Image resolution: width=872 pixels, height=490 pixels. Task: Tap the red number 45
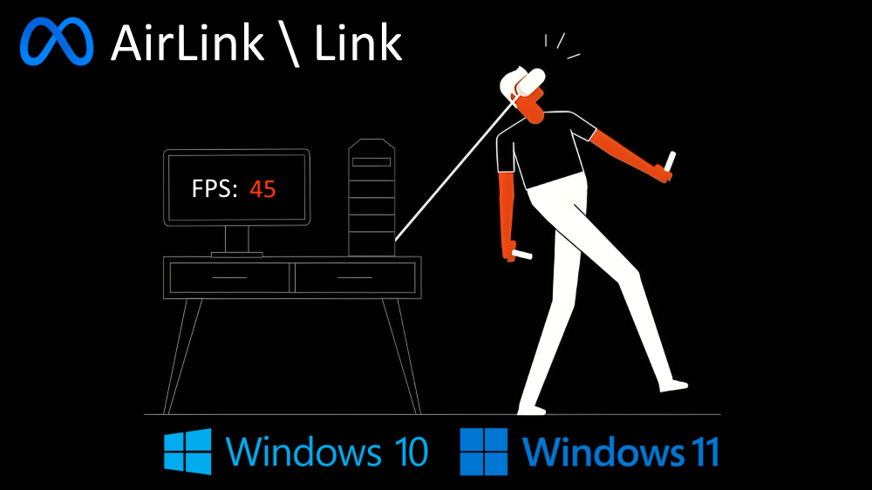click(x=262, y=188)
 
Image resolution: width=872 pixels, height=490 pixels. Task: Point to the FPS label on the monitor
click(x=215, y=188)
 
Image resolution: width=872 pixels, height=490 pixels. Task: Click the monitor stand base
click(x=236, y=254)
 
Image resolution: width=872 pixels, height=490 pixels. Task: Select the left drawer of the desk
click(x=229, y=277)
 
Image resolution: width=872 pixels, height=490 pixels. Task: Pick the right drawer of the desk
click(x=355, y=277)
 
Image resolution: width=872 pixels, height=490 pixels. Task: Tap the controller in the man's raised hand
click(x=670, y=161)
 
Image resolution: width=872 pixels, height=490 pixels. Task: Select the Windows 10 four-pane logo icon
click(x=187, y=451)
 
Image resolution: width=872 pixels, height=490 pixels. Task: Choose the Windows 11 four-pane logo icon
click(x=484, y=451)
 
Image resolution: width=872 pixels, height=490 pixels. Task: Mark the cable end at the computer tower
click(x=397, y=237)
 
